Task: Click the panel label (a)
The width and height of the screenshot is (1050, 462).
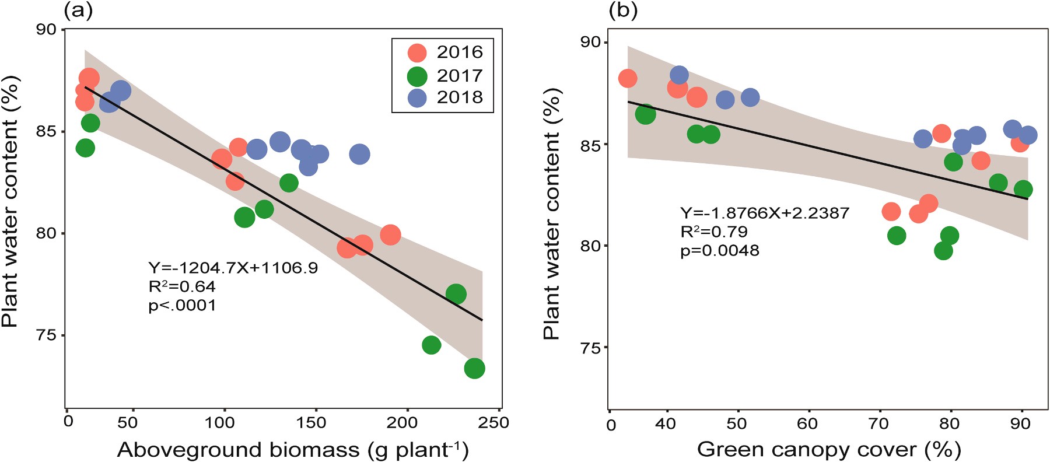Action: point(78,10)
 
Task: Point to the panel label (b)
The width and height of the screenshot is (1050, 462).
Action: point(622,10)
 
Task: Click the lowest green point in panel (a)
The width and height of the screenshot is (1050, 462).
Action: point(474,368)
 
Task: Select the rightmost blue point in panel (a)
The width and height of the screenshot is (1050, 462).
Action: point(359,154)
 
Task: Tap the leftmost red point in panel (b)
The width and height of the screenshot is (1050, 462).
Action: point(628,78)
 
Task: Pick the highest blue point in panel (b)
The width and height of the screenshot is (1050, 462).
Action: point(679,75)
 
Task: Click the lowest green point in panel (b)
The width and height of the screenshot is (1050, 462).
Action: point(943,251)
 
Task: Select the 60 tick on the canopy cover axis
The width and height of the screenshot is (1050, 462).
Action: point(808,423)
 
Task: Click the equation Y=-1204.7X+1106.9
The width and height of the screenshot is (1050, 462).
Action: point(233,268)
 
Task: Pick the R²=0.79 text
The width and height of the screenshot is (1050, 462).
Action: point(714,232)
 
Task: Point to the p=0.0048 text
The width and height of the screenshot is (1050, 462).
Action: point(720,251)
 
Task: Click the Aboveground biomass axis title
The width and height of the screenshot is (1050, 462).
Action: point(293,450)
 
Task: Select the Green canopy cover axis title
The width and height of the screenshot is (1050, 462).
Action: point(828,449)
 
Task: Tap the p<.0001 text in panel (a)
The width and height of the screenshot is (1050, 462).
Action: point(182,305)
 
